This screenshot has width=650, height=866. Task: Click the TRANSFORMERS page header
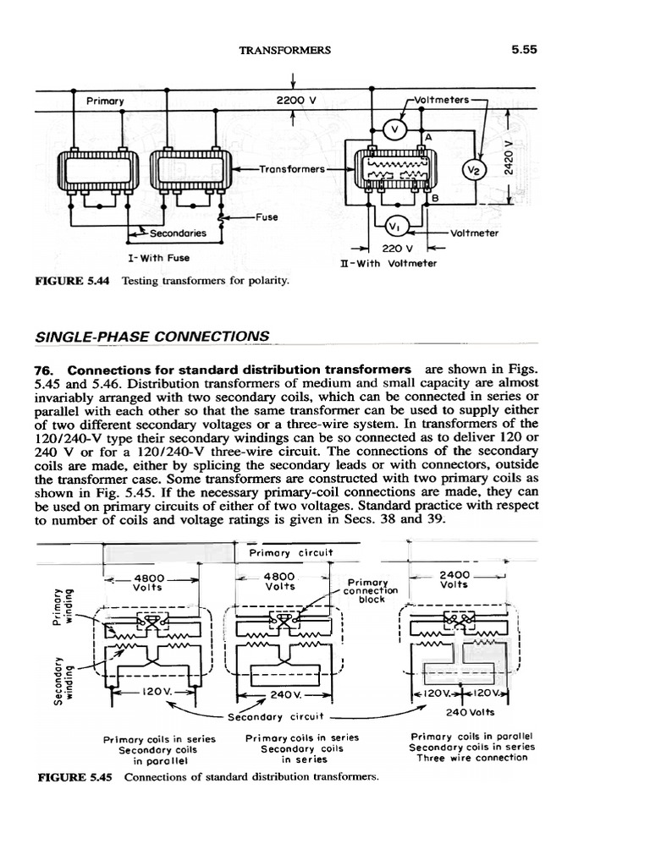pos(285,50)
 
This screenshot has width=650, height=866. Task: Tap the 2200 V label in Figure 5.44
pos(296,100)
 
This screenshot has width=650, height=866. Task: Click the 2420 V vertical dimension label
pos(508,156)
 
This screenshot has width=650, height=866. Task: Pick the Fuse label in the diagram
pos(266,216)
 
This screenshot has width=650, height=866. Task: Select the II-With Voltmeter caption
pos(388,263)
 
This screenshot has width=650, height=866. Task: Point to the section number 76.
pos(46,370)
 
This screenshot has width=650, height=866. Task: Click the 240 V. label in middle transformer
pos(283,694)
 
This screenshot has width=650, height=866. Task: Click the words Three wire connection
pos(471,758)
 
